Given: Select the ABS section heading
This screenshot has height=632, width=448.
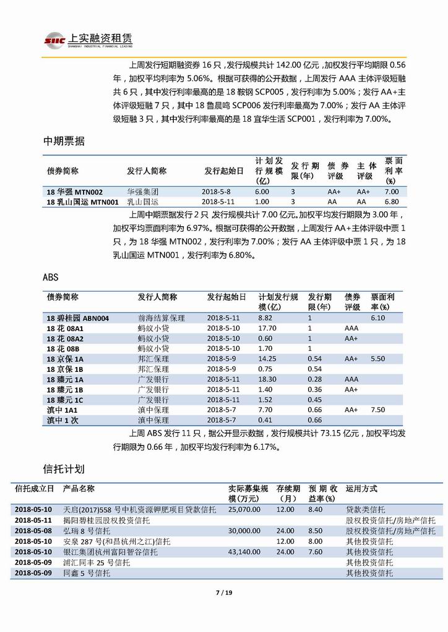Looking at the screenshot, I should [x=51, y=278].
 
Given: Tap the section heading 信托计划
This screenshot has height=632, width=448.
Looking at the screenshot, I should [x=63, y=469].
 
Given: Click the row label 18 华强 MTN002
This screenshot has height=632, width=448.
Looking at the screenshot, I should [x=75, y=192].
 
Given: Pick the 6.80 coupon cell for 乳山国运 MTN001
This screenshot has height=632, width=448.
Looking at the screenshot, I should [x=391, y=201].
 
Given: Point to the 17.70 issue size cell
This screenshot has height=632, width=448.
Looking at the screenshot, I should [x=267, y=328].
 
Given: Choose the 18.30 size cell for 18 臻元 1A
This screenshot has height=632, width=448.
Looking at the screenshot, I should [x=267, y=379].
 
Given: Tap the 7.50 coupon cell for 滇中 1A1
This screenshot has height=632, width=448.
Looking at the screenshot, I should [x=377, y=410].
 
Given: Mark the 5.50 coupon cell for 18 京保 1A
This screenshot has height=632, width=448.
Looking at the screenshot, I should [x=377, y=359].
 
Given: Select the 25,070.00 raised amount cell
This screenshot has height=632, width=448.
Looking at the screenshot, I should [x=244, y=510].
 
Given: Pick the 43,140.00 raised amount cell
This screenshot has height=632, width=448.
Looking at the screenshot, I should [x=244, y=552].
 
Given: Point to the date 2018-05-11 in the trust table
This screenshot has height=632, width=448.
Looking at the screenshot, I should [x=33, y=520].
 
